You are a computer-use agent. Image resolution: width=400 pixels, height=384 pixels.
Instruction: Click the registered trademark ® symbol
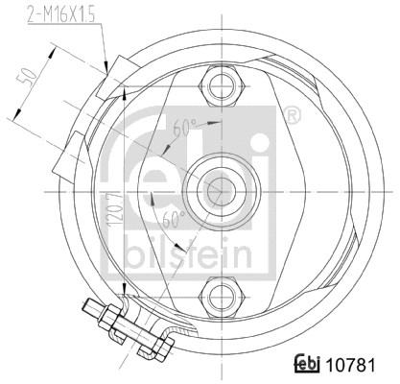pos(293,115)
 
